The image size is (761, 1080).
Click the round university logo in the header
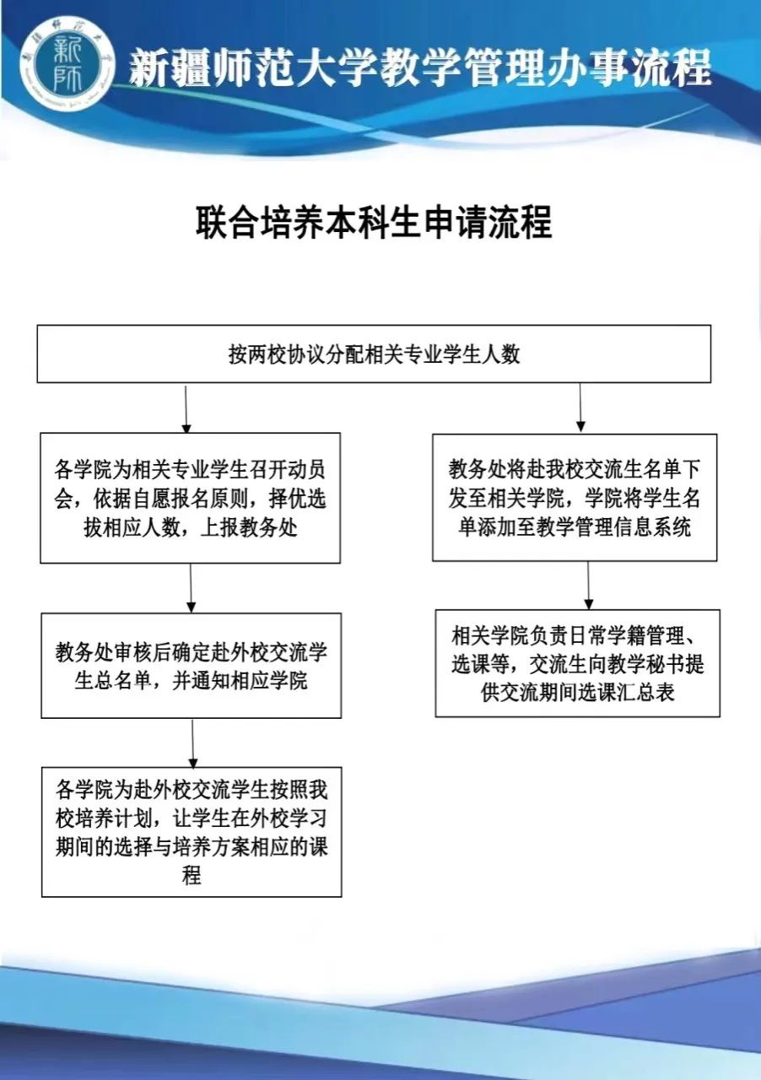67,66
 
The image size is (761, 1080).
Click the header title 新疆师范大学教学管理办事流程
419,67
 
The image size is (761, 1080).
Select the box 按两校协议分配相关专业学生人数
374,354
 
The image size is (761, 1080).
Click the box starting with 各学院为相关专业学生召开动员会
190,498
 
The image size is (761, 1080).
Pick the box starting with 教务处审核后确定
191,666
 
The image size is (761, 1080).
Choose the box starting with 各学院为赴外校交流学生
192,832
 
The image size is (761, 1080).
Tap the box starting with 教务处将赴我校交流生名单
575,498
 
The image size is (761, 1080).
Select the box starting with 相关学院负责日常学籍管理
577,663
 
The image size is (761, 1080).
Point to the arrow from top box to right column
580,408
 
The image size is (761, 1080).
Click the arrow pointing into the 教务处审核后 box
191,587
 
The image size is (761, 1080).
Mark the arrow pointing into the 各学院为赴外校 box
193,742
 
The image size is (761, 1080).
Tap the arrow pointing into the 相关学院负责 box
588,585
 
